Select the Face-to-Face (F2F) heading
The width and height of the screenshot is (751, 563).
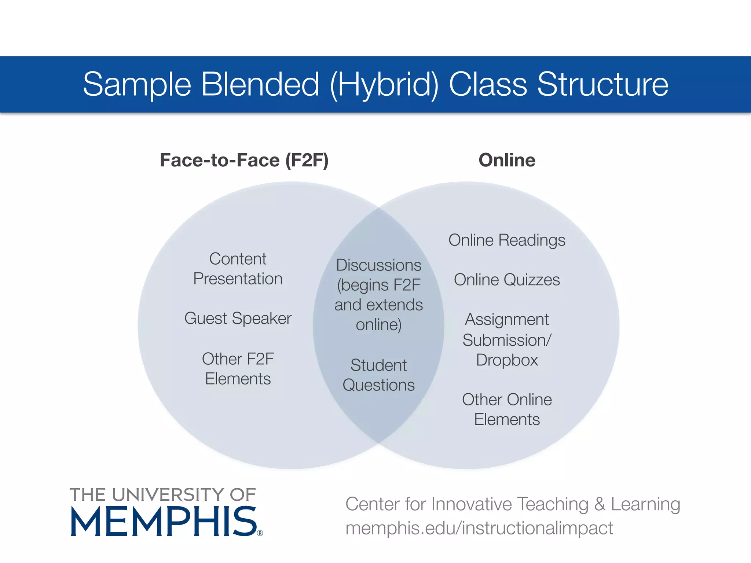tap(244, 160)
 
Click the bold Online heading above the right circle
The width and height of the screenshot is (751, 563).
tap(507, 160)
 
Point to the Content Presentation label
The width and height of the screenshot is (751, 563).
tap(238, 269)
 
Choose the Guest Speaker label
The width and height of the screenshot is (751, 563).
tap(238, 318)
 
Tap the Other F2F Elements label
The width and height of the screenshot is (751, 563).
tap(238, 369)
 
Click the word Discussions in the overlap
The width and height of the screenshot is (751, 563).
tap(378, 265)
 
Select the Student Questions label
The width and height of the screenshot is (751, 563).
tap(378, 375)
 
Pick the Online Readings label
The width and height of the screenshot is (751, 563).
tap(507, 240)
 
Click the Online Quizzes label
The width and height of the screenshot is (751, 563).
tap(507, 280)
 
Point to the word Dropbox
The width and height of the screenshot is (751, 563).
tap(507, 360)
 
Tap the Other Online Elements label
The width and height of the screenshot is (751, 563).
tap(507, 409)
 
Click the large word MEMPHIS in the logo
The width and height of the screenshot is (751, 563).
tap(164, 522)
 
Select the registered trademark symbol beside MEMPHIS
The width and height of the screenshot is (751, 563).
tap(260, 533)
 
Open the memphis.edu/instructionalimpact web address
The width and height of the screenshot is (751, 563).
tap(479, 528)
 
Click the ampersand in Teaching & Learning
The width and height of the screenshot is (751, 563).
tap(600, 504)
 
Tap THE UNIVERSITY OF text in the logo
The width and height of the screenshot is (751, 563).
tap(162, 495)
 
